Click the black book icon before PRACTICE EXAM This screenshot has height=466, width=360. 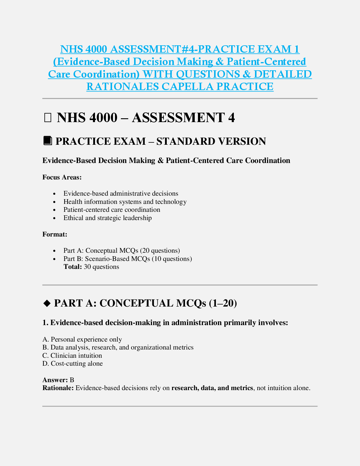point(47,141)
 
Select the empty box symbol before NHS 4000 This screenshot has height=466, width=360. point(47,118)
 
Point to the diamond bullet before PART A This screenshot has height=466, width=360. point(47,303)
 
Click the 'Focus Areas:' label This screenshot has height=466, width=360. point(62,177)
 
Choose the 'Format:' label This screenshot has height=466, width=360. point(55,234)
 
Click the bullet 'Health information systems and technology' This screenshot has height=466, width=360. point(125,202)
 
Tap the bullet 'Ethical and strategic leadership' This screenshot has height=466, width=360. point(107,218)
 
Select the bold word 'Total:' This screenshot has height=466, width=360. point(73,267)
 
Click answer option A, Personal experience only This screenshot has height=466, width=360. point(82,339)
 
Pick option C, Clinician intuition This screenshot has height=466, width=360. point(72,355)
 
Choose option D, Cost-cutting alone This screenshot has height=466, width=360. point(73,364)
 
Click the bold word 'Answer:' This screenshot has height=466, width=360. point(55,380)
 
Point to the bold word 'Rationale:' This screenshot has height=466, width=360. point(58,388)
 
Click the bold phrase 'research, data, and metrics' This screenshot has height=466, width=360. point(212,388)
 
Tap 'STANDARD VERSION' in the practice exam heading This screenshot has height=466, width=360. point(211,141)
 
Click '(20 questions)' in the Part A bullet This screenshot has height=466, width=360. point(160,251)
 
